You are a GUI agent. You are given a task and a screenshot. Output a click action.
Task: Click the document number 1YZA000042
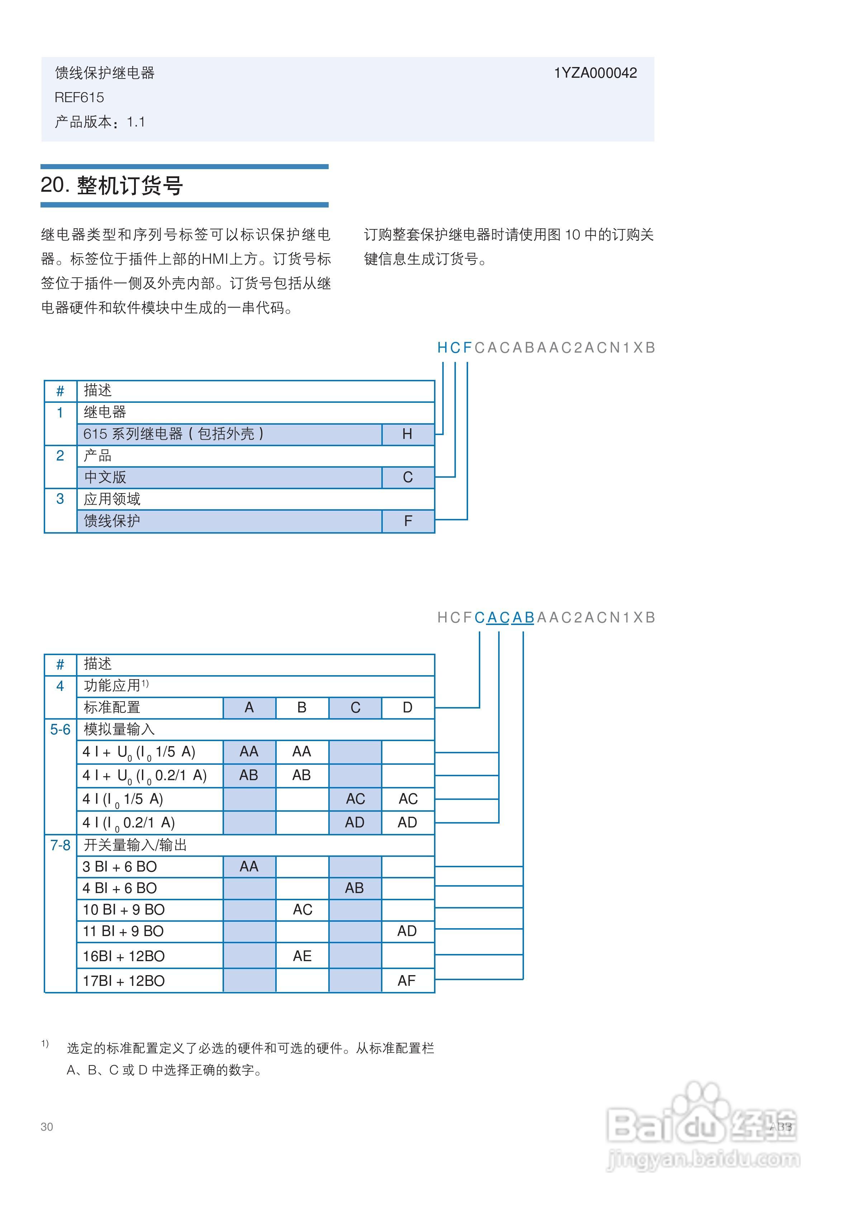coord(595,73)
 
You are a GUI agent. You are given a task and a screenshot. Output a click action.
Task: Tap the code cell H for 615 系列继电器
coord(407,434)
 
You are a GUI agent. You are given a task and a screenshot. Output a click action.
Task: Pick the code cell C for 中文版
coord(407,477)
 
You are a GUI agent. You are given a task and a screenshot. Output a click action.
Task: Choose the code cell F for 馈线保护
coord(408,521)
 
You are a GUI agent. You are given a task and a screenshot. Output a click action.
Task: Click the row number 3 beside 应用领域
coord(60,499)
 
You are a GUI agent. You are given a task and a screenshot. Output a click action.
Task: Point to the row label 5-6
coord(60,730)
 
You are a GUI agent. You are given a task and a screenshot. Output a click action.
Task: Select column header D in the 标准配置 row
coord(407,707)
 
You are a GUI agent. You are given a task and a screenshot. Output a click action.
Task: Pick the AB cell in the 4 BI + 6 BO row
coord(354,888)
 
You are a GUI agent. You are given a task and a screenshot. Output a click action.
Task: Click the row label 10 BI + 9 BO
coord(124,910)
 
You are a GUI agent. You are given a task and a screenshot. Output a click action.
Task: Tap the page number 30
coord(47,1127)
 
